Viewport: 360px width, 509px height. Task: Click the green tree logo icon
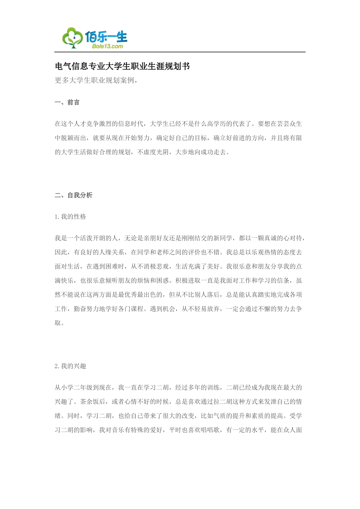(72, 38)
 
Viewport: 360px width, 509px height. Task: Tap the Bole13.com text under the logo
(107, 46)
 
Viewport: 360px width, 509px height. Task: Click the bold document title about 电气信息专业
(122, 66)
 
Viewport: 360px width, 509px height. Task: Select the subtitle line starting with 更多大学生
(96, 80)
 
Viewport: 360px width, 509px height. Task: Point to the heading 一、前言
(67, 102)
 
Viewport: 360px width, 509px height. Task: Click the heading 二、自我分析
(74, 195)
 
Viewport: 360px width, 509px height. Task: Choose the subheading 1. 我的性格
(70, 217)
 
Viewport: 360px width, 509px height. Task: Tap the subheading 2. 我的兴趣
(70, 366)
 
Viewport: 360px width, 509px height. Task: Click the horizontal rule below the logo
(180, 52)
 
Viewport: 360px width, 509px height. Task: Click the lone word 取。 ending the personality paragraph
(59, 323)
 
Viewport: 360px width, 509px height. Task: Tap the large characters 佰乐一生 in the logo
(106, 37)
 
